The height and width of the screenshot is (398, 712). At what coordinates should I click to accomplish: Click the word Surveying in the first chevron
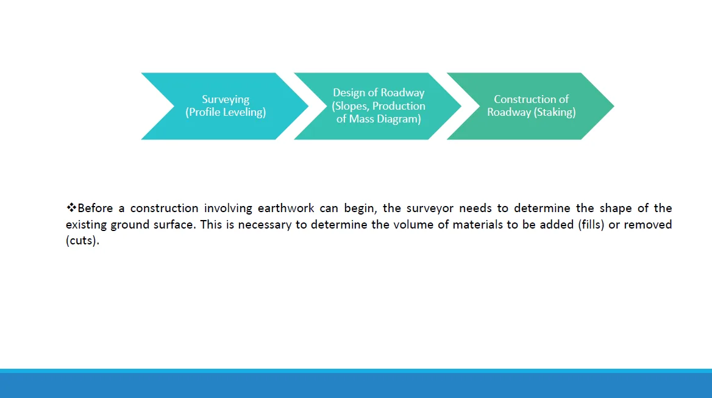[226, 99]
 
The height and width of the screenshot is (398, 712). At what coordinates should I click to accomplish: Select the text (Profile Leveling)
[226, 112]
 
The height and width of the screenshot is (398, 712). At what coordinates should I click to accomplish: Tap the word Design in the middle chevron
[349, 93]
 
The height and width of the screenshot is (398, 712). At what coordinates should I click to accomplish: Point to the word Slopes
[351, 105]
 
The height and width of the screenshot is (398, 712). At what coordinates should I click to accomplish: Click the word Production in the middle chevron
[399, 105]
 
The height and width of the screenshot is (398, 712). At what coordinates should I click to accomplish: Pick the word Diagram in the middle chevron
[402, 119]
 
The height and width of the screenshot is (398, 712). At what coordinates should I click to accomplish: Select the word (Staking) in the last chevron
[555, 112]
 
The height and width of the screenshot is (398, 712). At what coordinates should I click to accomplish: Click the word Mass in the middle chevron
[361, 119]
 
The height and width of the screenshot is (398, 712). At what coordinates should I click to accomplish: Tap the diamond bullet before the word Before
[71, 208]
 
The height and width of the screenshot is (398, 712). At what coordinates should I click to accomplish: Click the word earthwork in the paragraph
[286, 208]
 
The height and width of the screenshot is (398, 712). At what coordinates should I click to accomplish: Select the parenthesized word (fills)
[591, 225]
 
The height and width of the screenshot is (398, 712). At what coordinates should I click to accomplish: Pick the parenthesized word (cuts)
[83, 241]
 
